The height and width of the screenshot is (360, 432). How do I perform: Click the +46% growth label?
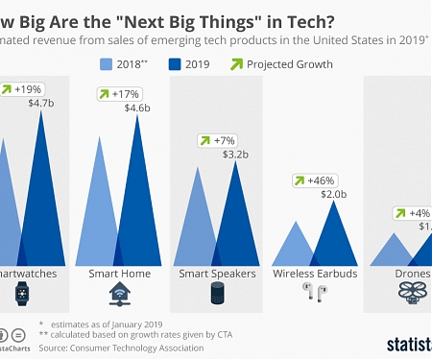316,180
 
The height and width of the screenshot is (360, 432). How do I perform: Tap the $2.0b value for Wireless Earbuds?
333,193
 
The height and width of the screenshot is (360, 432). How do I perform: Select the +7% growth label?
219,140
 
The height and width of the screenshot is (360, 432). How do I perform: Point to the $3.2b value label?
236,154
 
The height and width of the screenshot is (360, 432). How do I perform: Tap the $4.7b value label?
42,102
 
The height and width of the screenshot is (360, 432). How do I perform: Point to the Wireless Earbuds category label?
314,274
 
